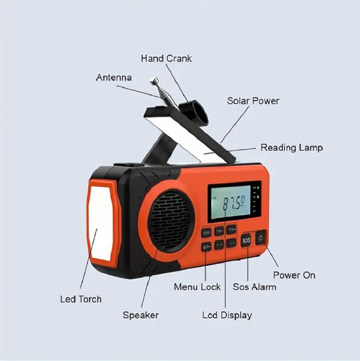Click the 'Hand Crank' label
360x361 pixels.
[x=166, y=58]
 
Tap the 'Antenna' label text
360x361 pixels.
[x=113, y=77]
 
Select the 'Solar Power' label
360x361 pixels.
[x=253, y=101]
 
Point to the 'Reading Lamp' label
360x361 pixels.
[x=291, y=148]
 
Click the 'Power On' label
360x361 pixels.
[x=294, y=275]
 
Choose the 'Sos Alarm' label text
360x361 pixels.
[x=254, y=287]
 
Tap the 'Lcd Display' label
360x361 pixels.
[x=226, y=315]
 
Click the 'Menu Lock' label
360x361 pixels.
[x=197, y=287]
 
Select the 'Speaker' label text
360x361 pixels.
[x=140, y=315]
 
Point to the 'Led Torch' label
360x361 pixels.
[x=81, y=299]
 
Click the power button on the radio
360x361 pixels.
[x=261, y=238]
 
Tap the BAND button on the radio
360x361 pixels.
[x=206, y=233]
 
